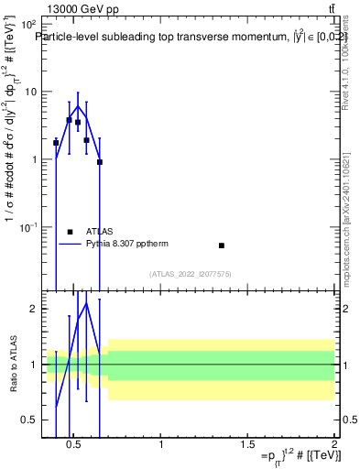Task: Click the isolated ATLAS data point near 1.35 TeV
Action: [x=222, y=245]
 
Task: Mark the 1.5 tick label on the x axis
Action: [x=247, y=445]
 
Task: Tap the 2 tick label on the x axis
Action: [x=333, y=445]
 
